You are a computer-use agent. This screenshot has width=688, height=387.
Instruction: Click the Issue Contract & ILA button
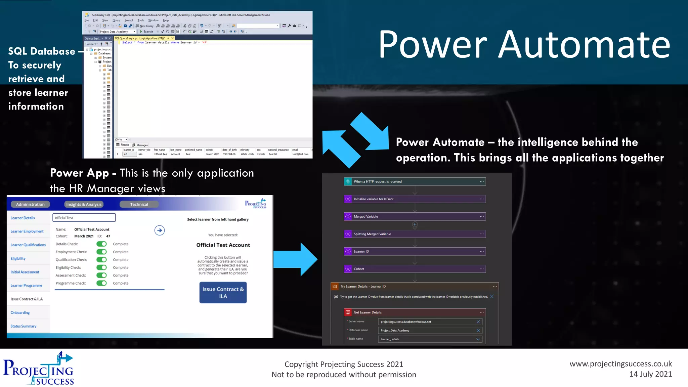click(x=223, y=293)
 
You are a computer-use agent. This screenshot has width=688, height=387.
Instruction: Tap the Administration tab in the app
click(x=30, y=204)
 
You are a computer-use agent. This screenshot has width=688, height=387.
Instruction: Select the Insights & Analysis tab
click(x=84, y=204)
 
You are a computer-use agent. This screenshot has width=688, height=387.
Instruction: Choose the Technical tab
click(x=139, y=204)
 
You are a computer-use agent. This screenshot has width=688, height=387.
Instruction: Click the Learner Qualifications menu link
click(x=28, y=245)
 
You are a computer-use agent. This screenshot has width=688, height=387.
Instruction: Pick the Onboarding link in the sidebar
click(x=20, y=313)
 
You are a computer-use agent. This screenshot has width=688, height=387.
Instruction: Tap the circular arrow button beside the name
click(x=160, y=230)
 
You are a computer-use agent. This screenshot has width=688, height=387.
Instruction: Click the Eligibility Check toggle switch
click(x=101, y=268)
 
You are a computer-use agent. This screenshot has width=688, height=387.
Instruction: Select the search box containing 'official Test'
click(x=84, y=218)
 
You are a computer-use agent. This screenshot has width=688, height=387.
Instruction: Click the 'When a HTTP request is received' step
click(x=415, y=182)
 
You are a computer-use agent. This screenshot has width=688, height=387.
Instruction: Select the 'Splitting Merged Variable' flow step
click(x=415, y=234)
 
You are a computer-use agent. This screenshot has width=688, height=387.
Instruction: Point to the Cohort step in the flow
click(x=415, y=269)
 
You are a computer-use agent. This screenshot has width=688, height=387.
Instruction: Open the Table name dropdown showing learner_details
click(x=430, y=339)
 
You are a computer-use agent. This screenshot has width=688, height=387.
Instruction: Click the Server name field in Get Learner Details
click(x=427, y=322)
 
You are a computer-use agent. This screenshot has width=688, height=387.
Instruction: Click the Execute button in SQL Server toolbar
click(x=146, y=32)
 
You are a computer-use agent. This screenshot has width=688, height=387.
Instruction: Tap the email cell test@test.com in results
click(x=300, y=154)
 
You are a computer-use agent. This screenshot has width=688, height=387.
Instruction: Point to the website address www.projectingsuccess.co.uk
click(x=620, y=364)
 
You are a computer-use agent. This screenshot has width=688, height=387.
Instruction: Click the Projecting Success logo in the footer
click(x=38, y=369)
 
